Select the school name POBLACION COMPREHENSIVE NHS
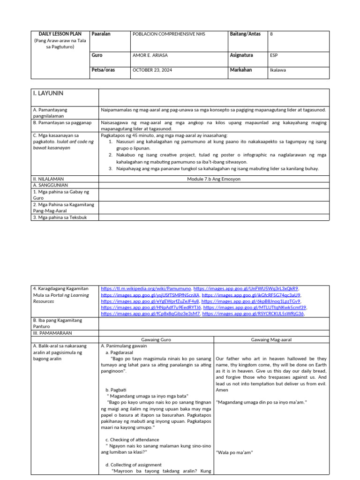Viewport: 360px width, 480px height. tap(169, 34)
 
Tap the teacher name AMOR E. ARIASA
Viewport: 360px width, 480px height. tap(150, 55)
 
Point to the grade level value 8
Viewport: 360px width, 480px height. tap(271, 34)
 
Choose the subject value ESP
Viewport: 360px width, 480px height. tap(274, 55)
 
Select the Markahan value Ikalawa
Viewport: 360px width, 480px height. tap(278, 70)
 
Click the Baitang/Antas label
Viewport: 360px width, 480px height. tap(245, 34)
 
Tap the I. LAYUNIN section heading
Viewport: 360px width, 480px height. tap(48, 94)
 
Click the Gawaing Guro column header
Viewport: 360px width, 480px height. tap(156, 339)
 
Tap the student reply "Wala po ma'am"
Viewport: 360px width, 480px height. tap(234, 452)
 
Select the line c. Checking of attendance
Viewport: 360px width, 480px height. tap(132, 440)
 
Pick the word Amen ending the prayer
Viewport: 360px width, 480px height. tap(222, 390)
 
